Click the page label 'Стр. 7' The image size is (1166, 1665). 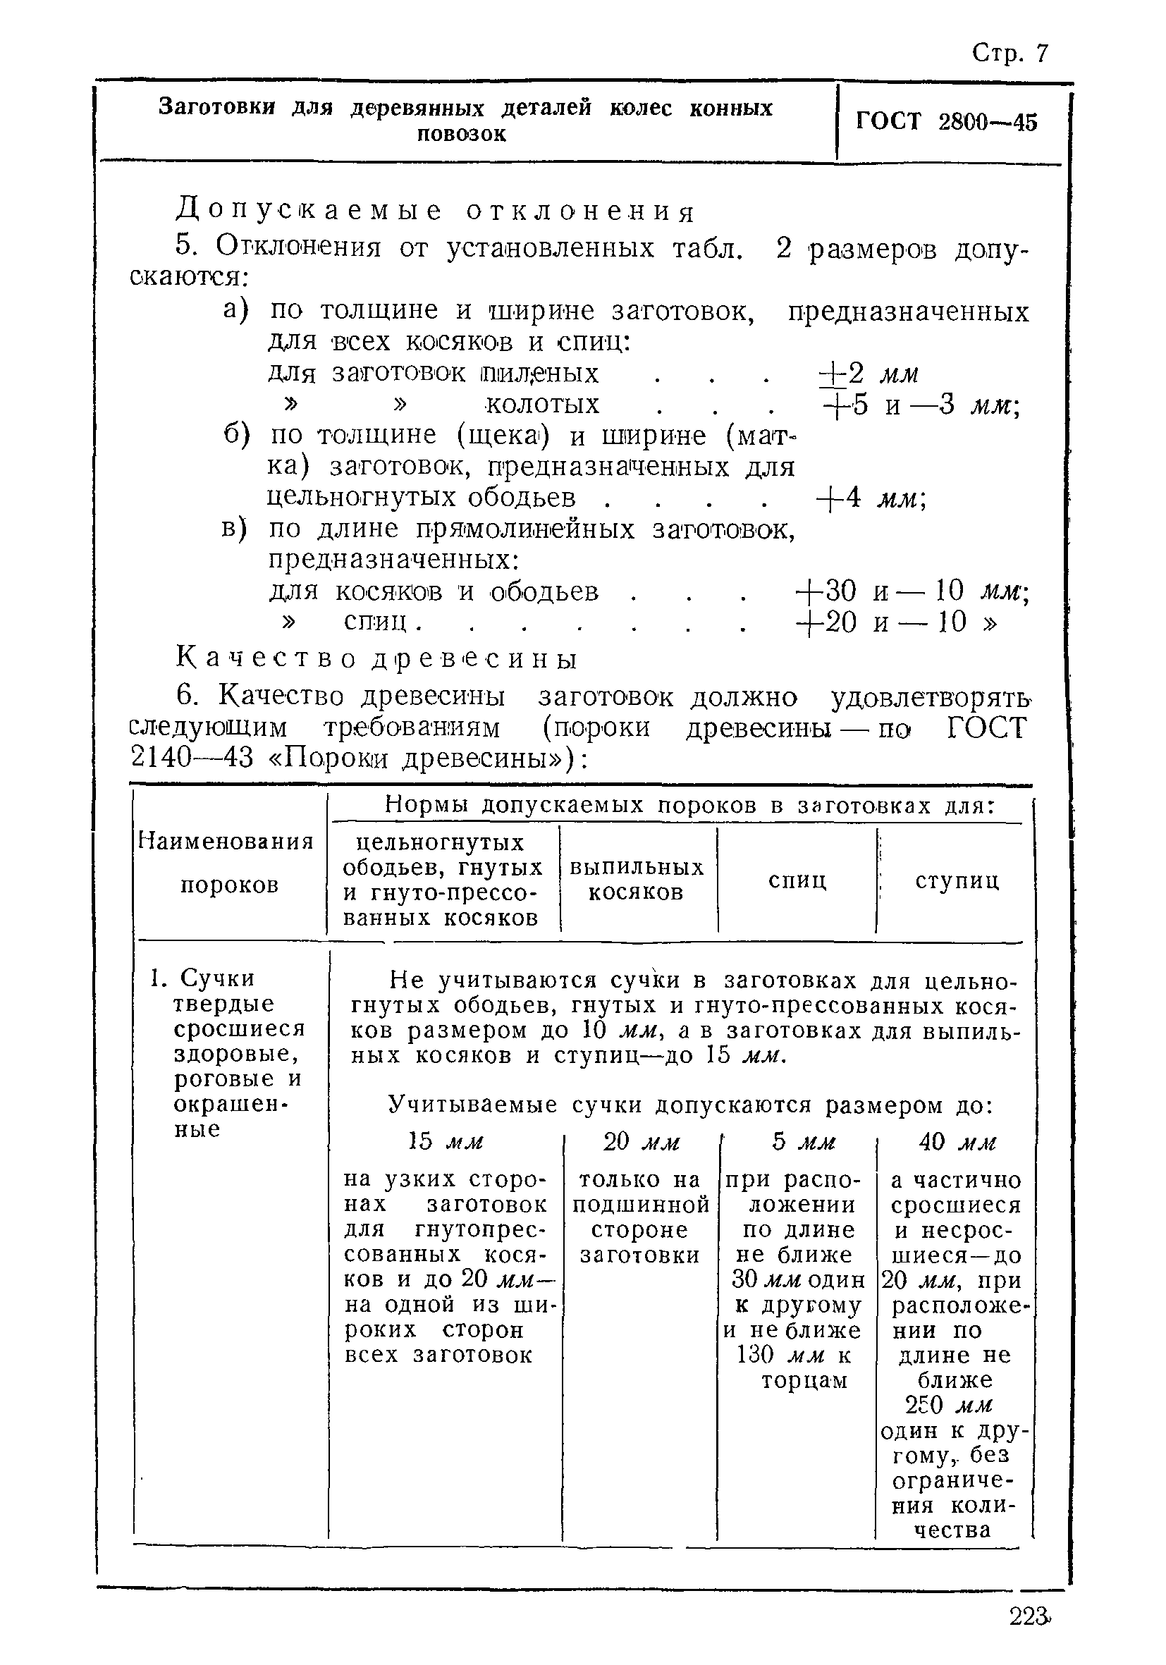click(1009, 53)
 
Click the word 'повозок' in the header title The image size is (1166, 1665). click(461, 135)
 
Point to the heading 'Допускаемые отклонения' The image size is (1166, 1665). click(435, 211)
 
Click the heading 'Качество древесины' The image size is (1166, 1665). click(377, 658)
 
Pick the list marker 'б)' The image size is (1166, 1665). click(236, 435)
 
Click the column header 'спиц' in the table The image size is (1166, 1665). click(797, 880)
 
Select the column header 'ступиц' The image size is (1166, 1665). click(957, 880)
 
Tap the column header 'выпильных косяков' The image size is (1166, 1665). click(636, 880)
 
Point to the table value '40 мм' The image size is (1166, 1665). click(957, 1142)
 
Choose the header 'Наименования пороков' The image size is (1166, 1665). click(226, 863)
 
